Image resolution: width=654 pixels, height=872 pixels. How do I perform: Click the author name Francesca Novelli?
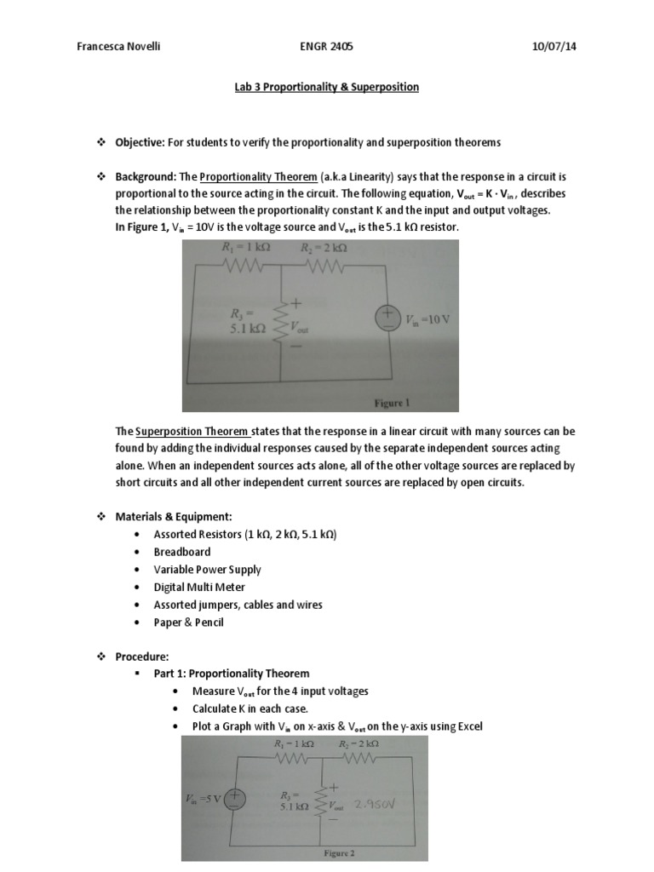pos(118,46)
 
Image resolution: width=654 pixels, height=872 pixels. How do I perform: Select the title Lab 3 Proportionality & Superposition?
pos(327,87)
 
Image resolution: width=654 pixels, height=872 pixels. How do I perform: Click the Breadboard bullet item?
pos(181,552)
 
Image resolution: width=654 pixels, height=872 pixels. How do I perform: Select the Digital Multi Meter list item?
pos(199,587)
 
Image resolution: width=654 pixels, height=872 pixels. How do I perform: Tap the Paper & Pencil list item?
pos(188,622)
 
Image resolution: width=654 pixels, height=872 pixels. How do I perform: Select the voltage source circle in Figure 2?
pos(236,799)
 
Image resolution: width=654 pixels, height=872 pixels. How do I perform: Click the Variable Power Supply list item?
pos(207,570)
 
